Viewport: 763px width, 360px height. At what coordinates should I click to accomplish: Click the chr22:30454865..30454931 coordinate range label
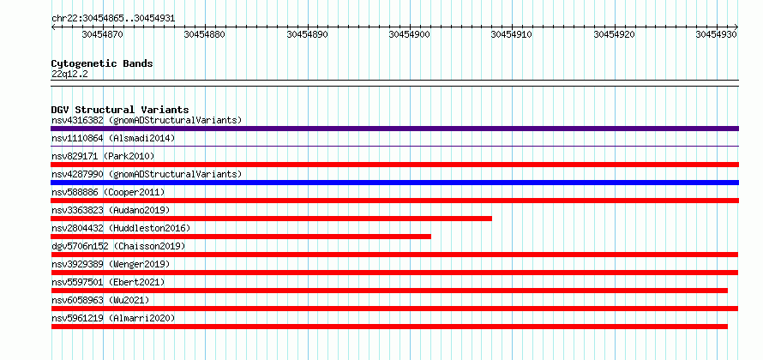pyautogui.click(x=113, y=19)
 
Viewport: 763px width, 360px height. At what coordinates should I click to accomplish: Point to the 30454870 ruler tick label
pyautogui.click(x=103, y=34)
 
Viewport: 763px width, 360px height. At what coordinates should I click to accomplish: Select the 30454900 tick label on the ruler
pyautogui.click(x=410, y=34)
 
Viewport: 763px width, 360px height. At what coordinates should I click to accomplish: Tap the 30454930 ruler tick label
pyautogui.click(x=717, y=34)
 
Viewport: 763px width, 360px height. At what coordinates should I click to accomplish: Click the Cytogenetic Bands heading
pyautogui.click(x=102, y=63)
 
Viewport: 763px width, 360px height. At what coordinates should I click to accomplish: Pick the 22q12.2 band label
pyautogui.click(x=69, y=75)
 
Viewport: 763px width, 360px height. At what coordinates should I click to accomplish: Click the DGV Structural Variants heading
pyautogui.click(x=120, y=110)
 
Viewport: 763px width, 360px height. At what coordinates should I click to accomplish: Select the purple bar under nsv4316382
pyautogui.click(x=394, y=129)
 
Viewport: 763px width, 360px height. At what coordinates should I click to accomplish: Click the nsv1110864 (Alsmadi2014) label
pyautogui.click(x=113, y=139)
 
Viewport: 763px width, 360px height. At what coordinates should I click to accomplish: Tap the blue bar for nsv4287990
pyautogui.click(x=394, y=183)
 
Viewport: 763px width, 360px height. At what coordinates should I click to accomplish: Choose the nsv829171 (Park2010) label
pyautogui.click(x=103, y=157)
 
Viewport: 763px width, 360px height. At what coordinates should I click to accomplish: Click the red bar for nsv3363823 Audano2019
pyautogui.click(x=272, y=219)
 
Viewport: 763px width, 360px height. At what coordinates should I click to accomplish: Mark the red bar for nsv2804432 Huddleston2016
pyautogui.click(x=241, y=237)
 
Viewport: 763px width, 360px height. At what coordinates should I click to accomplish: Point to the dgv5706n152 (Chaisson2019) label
pyautogui.click(x=118, y=247)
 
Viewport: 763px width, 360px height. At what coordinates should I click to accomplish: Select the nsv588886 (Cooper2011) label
pyautogui.click(x=108, y=193)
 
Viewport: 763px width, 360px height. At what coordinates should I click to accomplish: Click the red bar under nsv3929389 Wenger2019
pyautogui.click(x=394, y=273)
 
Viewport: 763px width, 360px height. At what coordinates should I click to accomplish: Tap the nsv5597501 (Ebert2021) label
pyautogui.click(x=108, y=283)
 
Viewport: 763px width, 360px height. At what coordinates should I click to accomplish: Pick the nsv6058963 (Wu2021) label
pyautogui.click(x=100, y=301)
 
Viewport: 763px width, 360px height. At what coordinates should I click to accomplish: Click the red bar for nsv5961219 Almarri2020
pyautogui.click(x=389, y=327)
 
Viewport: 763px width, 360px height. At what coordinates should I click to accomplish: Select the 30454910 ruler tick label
pyautogui.click(x=512, y=34)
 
